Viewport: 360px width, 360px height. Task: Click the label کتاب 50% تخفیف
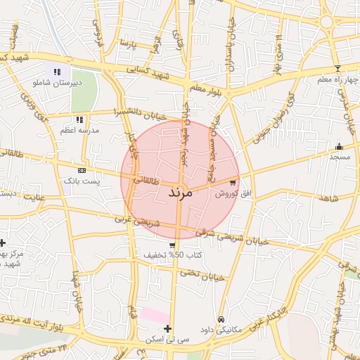coord(169,254)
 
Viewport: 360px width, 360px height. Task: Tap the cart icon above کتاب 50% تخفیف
coord(172,245)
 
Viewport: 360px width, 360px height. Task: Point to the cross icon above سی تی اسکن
coord(167,328)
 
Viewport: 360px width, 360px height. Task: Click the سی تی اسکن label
coord(167,338)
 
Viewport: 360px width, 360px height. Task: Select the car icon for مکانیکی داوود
coord(221,319)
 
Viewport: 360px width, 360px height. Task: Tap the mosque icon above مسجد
coord(340,147)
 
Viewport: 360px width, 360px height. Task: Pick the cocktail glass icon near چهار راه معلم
coord(337,69)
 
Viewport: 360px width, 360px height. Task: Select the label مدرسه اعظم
coord(82,130)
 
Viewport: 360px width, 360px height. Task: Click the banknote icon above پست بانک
coord(82,171)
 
